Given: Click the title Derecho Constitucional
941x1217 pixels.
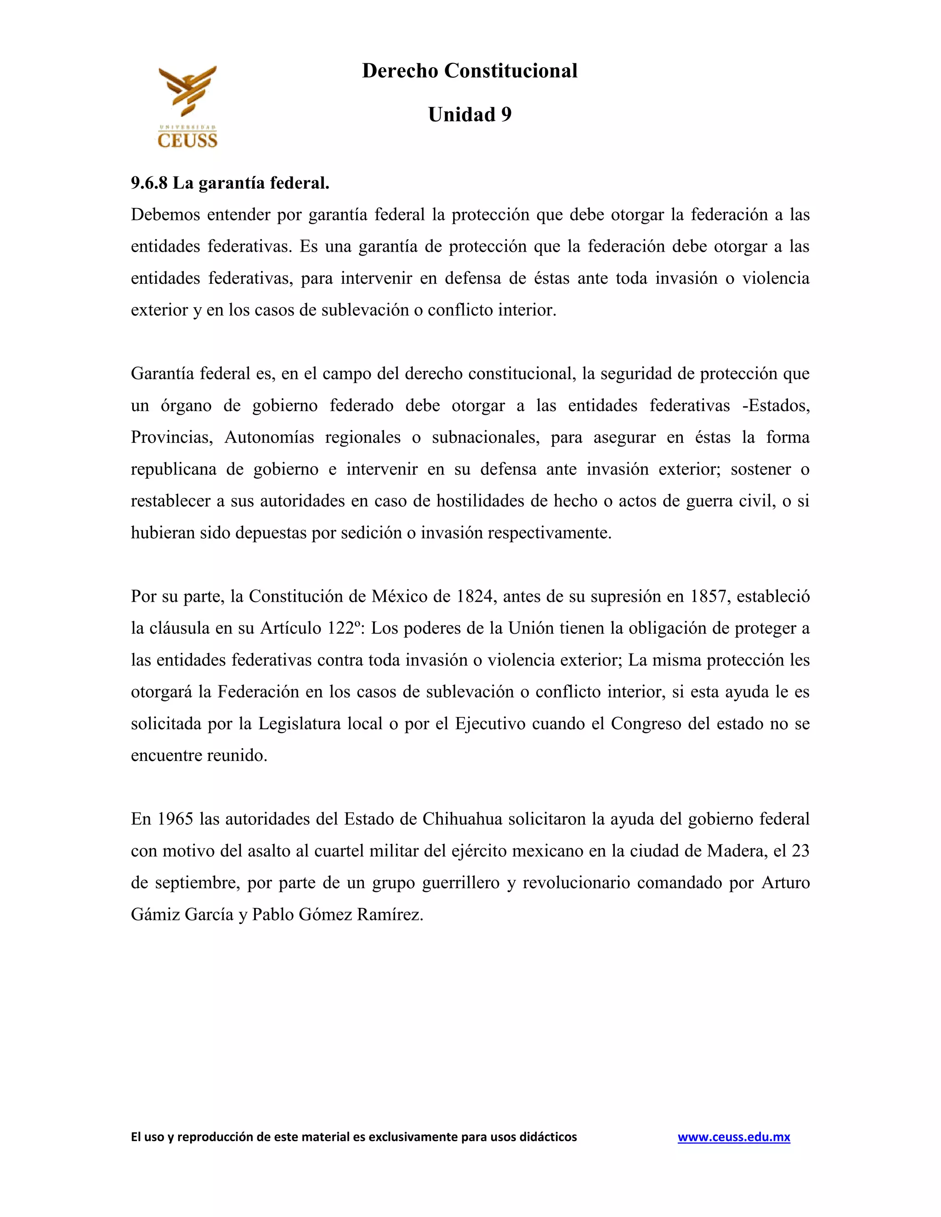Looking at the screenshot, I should (x=470, y=71).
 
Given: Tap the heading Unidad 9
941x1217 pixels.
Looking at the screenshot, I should (x=470, y=115).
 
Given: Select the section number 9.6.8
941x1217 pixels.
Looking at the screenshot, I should (x=149, y=183).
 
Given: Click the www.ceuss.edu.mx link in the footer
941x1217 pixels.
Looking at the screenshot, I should (x=734, y=1137).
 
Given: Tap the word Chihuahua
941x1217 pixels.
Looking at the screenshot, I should (x=462, y=818).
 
